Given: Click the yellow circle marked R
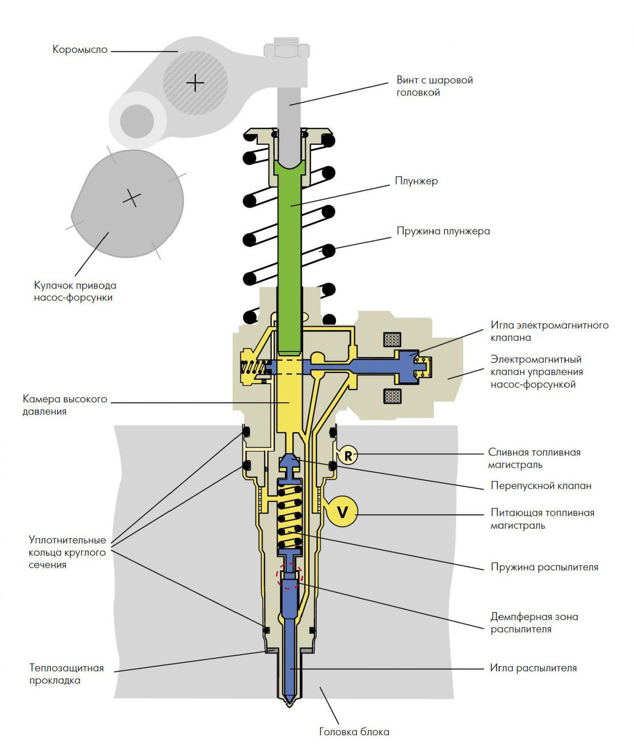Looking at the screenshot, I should [x=348, y=455].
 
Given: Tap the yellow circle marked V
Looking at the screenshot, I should [x=342, y=512].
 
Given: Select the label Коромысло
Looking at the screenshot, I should [x=80, y=49].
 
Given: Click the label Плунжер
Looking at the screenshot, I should [x=416, y=181].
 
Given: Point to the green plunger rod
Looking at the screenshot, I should [x=289, y=242].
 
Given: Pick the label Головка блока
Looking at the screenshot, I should [x=354, y=732].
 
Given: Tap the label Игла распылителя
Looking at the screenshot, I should [x=533, y=668].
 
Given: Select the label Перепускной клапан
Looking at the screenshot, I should [x=541, y=485].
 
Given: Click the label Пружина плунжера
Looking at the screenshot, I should [x=443, y=231].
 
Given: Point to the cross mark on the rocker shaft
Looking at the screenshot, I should [x=195, y=83].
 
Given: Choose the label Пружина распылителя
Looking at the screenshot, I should [x=544, y=567].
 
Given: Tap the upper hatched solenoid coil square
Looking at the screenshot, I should [x=392, y=339].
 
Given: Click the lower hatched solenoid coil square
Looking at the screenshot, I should [x=392, y=396].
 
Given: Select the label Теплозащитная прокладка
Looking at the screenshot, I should [x=66, y=674].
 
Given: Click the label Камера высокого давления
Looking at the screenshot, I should [x=65, y=405].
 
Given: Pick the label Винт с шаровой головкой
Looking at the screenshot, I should [x=434, y=86].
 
